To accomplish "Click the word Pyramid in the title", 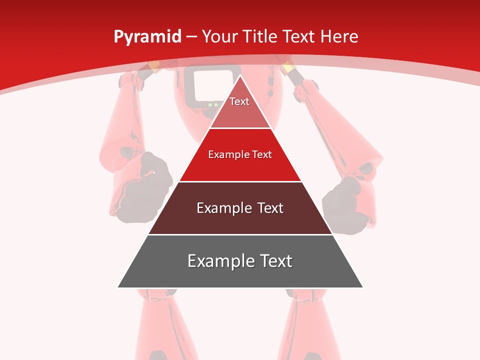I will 147,37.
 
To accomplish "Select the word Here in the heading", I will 339,36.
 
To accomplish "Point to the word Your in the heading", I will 220,36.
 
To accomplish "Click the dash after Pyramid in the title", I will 191,37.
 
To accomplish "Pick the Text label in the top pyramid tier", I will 239,101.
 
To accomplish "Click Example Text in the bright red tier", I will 240,154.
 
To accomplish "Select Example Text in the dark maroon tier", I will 240,208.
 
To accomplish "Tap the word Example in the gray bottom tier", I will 218,261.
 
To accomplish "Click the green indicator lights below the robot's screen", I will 213,104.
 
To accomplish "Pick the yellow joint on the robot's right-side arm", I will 289,67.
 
